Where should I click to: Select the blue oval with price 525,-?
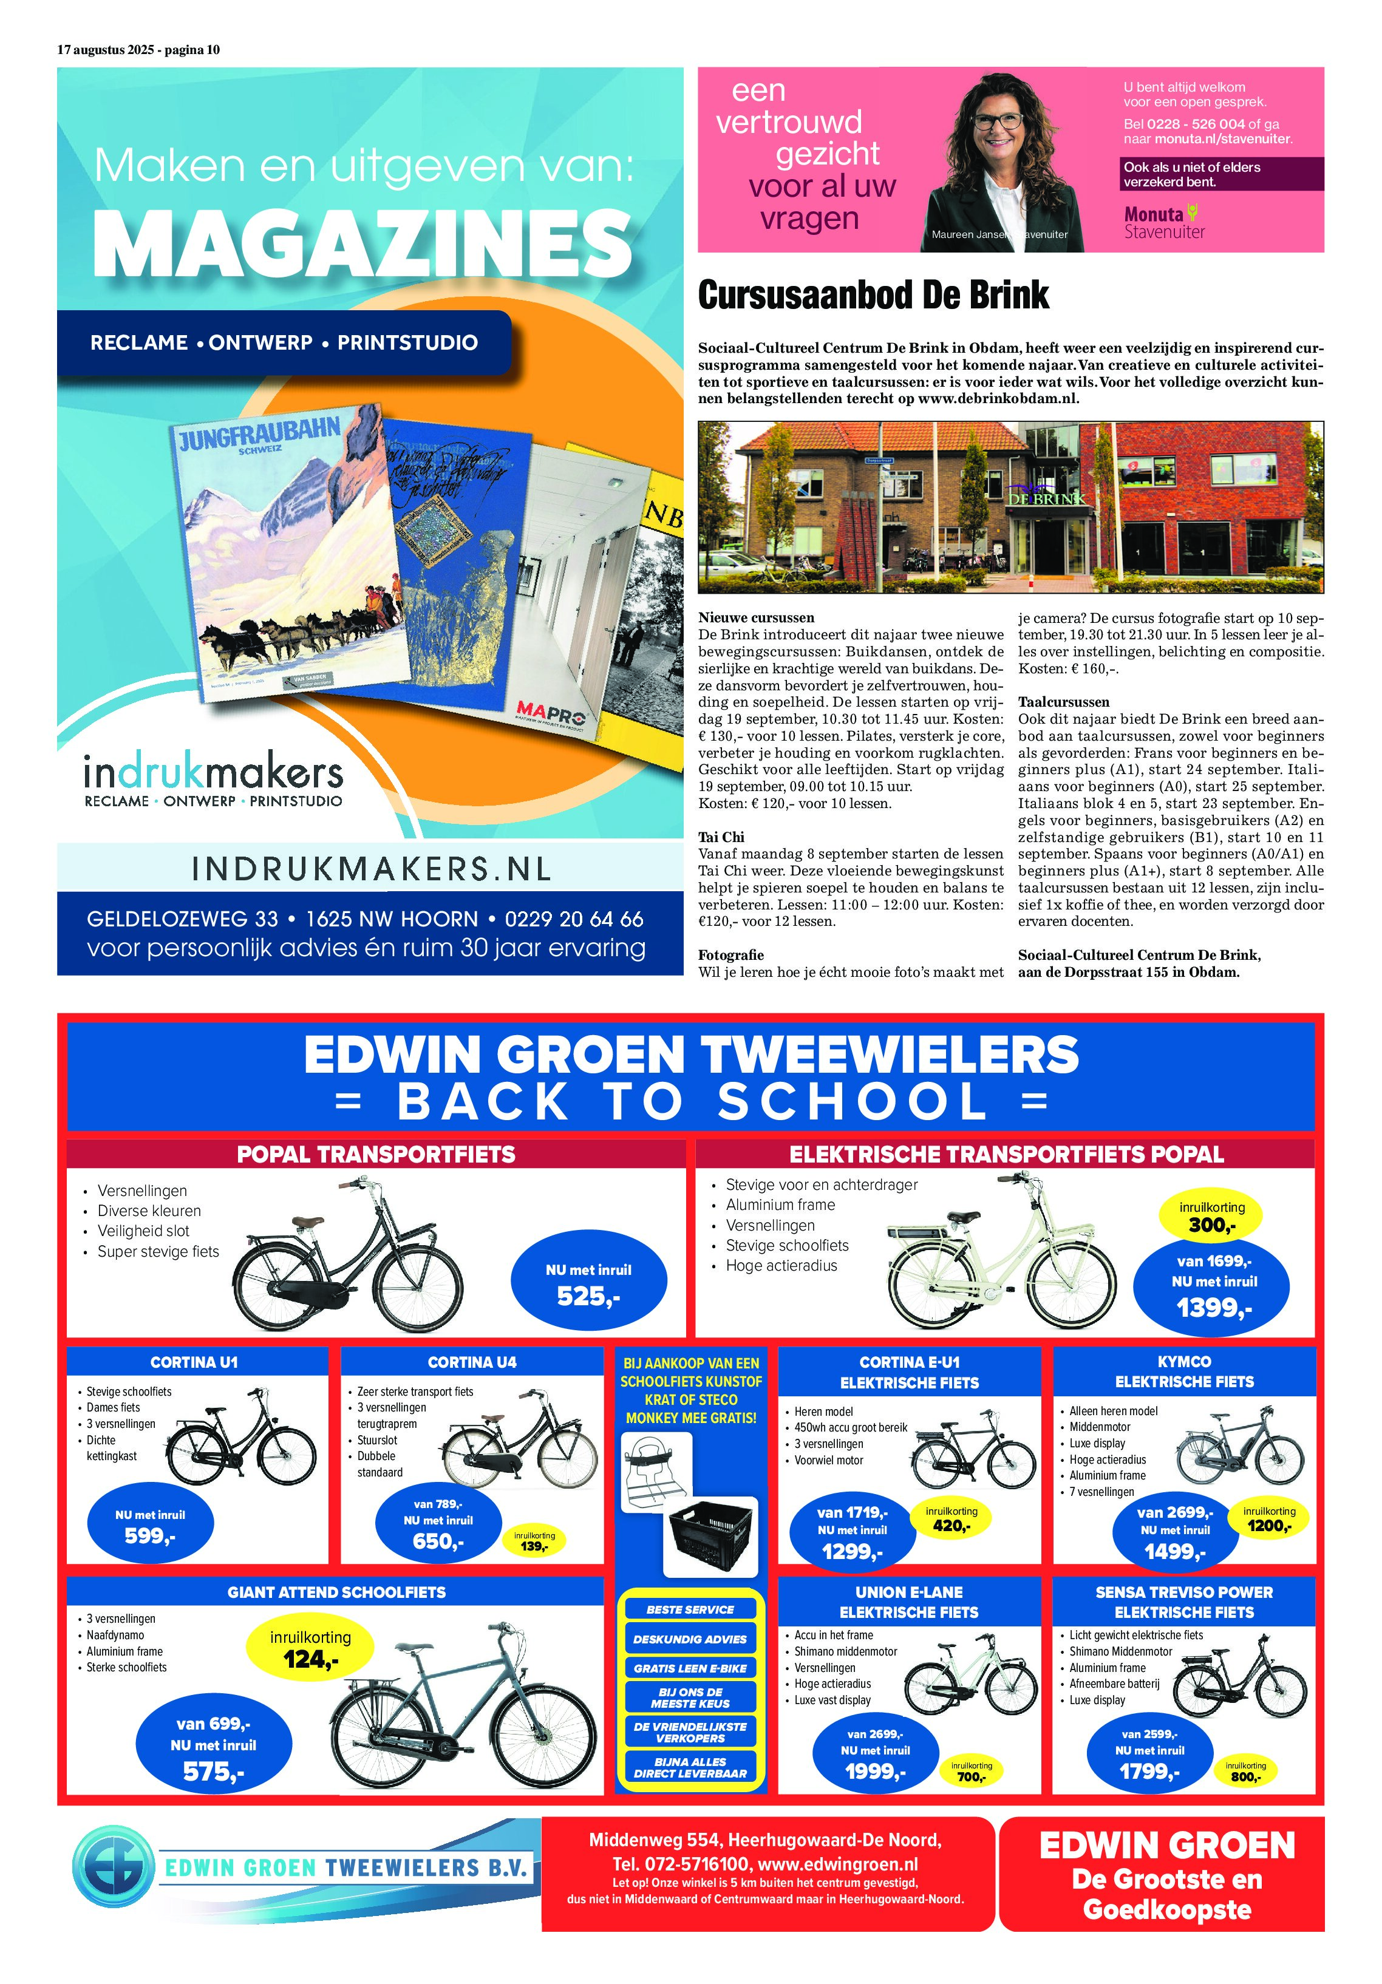click(x=588, y=1284)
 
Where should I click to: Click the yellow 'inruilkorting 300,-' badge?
click(x=1211, y=1217)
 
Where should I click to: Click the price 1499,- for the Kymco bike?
click(x=1174, y=1552)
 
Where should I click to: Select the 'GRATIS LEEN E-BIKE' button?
click(x=690, y=1668)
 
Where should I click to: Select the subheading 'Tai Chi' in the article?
click(x=721, y=837)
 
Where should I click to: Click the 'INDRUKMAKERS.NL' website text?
click(x=371, y=868)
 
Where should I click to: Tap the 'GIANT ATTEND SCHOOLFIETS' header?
click(x=336, y=1592)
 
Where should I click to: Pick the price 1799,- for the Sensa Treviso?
click(x=1149, y=1772)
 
